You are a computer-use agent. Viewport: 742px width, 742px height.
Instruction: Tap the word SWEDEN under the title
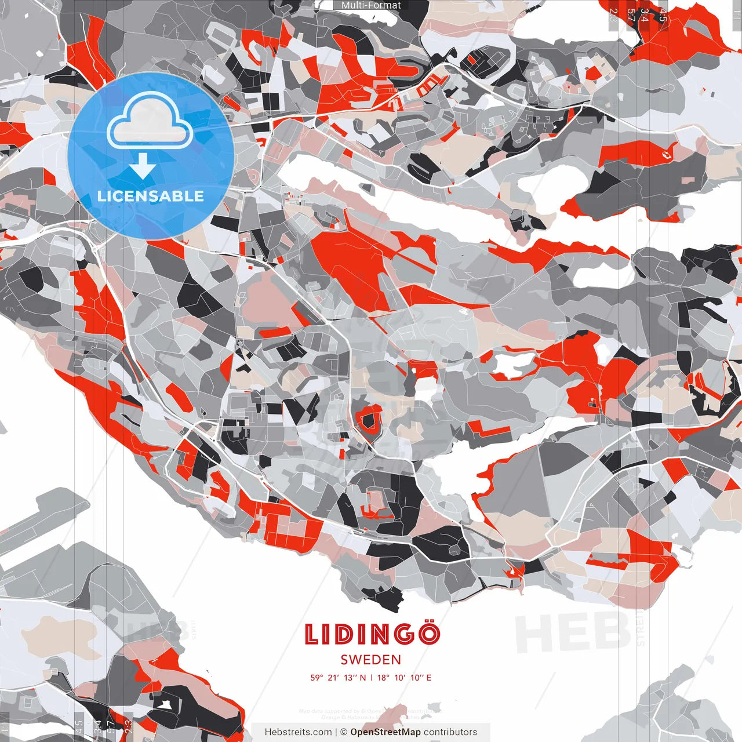[x=371, y=660]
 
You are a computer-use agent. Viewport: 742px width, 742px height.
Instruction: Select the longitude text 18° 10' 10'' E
[x=405, y=678]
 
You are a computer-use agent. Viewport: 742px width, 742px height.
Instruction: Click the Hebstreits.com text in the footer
[x=298, y=732]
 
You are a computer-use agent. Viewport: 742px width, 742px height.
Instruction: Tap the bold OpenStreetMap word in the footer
[x=385, y=732]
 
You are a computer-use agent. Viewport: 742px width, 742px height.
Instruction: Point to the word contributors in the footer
[x=450, y=732]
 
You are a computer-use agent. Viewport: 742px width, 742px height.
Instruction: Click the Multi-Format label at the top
[x=371, y=5]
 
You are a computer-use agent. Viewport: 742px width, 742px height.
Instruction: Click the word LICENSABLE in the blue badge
[x=151, y=196]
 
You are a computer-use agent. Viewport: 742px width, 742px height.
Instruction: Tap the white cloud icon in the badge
[x=150, y=123]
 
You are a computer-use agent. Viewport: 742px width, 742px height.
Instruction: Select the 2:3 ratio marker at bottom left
[x=129, y=727]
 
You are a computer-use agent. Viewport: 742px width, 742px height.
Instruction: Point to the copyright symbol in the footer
[x=343, y=732]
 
